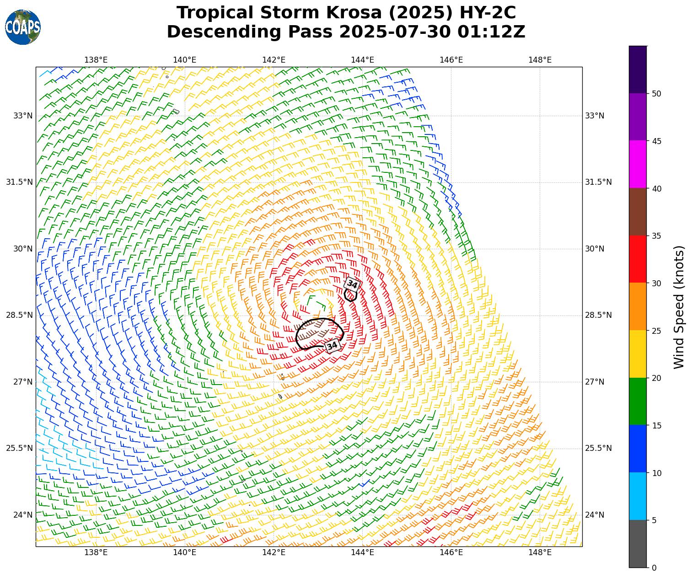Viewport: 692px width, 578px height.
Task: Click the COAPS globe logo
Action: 23,27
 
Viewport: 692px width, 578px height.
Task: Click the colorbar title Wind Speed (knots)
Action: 680,307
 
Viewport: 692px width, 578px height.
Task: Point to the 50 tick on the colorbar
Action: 656,94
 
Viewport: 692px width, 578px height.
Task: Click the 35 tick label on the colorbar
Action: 656,236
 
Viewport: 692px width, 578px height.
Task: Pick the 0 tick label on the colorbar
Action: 654,568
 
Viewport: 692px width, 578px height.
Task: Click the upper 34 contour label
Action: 352,284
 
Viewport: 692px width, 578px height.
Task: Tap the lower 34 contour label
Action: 333,346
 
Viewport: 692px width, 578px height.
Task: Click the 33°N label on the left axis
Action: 23,116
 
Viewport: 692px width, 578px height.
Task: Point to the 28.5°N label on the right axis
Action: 598,315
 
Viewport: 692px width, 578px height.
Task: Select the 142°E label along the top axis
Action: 274,60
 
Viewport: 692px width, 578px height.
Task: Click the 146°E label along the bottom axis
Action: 451,552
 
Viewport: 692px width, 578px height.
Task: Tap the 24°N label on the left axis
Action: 23,515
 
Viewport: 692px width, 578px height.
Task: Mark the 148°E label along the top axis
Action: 540,60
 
